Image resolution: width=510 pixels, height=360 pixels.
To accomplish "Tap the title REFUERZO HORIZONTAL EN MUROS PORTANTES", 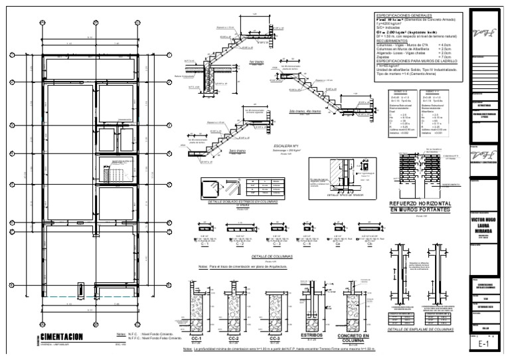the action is [x=420, y=206].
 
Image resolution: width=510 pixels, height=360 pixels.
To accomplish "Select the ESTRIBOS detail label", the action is [x=310, y=335].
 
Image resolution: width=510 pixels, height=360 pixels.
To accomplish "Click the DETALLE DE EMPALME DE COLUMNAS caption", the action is [x=423, y=329].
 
